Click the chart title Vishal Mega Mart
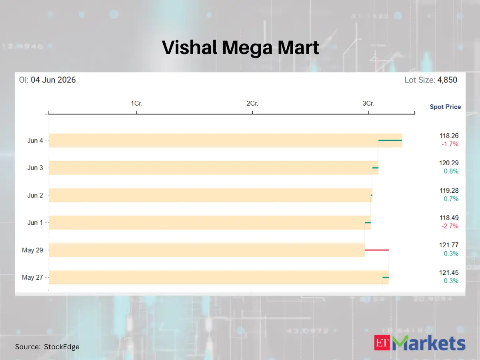(x=240, y=48)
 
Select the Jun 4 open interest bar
(x=226, y=140)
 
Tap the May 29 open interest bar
(x=207, y=250)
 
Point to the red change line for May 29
(x=377, y=250)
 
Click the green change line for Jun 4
(x=390, y=140)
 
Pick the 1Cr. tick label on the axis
(x=136, y=103)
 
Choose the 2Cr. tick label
(x=252, y=103)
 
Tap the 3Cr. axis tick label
(x=368, y=103)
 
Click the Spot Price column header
(x=445, y=107)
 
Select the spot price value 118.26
(x=449, y=136)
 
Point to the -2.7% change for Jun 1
(x=450, y=226)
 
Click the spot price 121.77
(x=449, y=245)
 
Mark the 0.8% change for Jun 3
(x=451, y=171)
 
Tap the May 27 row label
(x=32, y=277)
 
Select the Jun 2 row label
(x=35, y=195)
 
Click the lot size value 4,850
(x=447, y=80)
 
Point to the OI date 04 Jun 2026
(x=53, y=80)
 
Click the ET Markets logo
(x=420, y=343)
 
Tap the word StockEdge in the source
(x=62, y=347)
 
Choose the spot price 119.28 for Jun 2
(x=449, y=191)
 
